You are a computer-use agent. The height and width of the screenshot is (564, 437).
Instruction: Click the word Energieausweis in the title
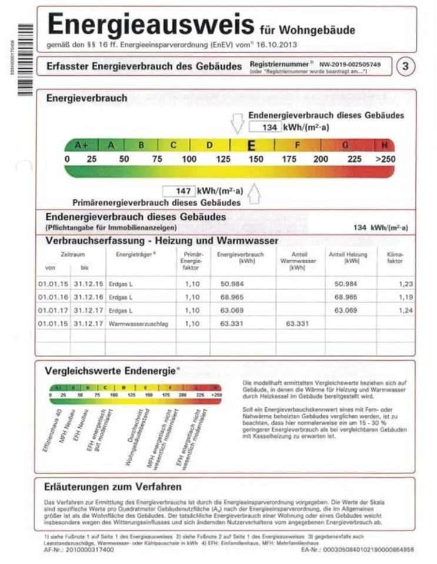click(x=150, y=25)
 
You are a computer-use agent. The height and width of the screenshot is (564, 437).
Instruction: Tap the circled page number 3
click(x=404, y=66)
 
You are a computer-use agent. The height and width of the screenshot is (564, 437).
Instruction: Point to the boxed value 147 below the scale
click(x=179, y=191)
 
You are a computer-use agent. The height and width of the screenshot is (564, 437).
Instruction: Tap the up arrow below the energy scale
click(x=255, y=192)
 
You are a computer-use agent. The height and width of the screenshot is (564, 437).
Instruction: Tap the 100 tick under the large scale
click(x=189, y=159)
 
